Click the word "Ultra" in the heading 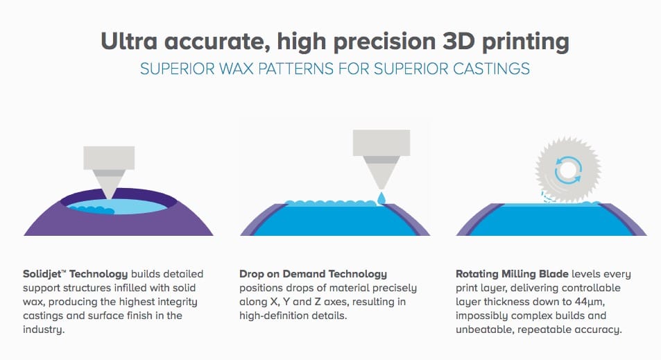tap(129, 41)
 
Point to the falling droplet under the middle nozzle tap(381, 198)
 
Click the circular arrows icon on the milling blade tap(568, 171)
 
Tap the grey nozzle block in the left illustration tap(109, 157)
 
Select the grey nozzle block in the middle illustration tap(381, 142)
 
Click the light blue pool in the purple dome tap(118, 207)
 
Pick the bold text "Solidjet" tap(42, 274)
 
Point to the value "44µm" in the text tap(590, 302)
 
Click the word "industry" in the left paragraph tap(42, 329)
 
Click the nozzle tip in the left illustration tap(109, 197)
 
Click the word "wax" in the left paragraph tap(33, 302)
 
